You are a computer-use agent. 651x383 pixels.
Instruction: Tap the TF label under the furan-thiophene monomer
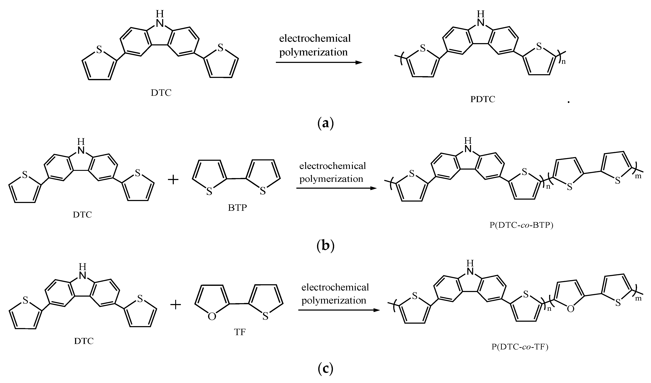[239, 332]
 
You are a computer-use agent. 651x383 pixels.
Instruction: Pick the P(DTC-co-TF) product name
[520, 347]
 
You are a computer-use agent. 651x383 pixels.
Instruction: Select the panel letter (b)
[325, 246]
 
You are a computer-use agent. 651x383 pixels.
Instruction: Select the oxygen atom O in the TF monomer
[212, 317]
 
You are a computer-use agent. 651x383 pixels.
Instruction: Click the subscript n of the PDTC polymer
[563, 62]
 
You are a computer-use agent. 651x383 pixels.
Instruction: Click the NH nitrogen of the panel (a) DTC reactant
[160, 23]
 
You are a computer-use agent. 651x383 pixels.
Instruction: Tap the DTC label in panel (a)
[161, 93]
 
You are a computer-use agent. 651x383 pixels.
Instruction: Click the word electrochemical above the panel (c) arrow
[335, 287]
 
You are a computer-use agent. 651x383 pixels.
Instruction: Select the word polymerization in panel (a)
[313, 52]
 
